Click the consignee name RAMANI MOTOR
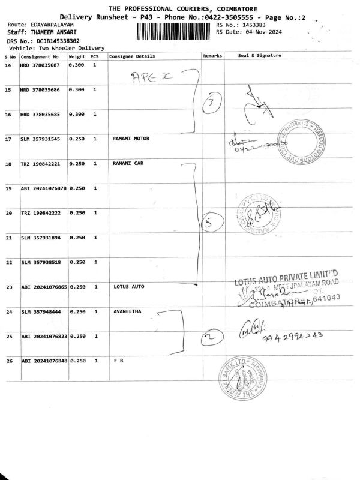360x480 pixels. tap(131, 139)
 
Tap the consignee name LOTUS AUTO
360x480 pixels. tap(129, 287)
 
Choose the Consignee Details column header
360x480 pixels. tap(132, 56)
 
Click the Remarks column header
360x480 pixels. tap(213, 56)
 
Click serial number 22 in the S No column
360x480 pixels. tap(9, 262)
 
